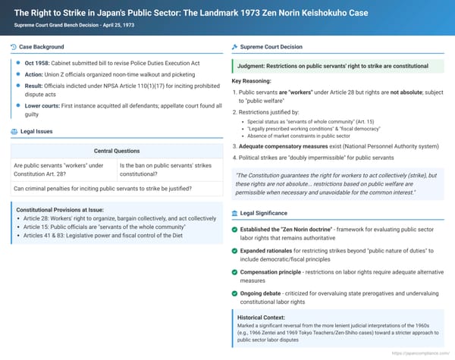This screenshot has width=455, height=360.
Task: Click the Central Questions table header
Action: click(x=115, y=150)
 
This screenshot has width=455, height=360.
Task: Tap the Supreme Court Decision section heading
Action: click(x=271, y=48)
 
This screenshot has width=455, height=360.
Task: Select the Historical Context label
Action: click(x=262, y=318)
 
